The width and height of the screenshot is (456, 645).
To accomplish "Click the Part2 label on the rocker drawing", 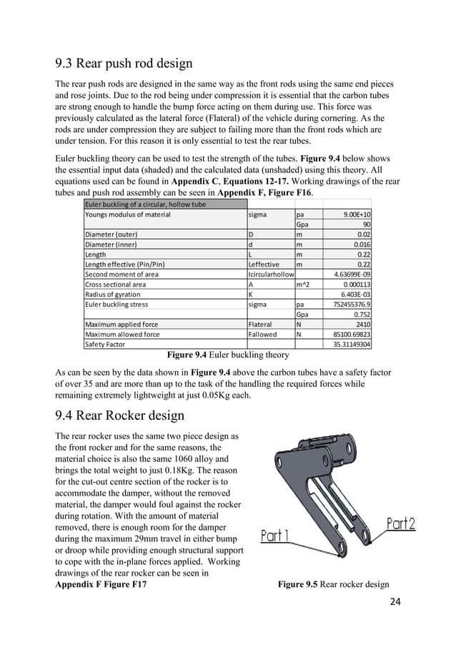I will [400, 525].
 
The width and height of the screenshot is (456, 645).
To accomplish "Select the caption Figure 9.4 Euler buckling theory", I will [227, 354].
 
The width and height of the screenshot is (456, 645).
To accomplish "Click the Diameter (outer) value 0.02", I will [369, 234].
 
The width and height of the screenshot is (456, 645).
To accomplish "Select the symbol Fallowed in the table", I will [262, 334].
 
